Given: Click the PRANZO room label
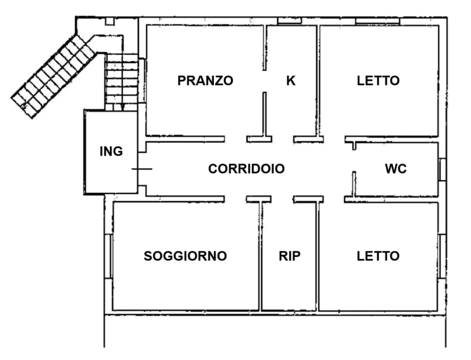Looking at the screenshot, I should coord(205,80).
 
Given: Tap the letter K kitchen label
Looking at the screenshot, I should coord(291,80).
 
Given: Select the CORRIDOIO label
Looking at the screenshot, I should coord(246,168).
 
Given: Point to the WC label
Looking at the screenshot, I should coord(396,168).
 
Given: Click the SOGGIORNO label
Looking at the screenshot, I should coord(186,256).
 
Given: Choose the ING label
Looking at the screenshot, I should coord(112,151).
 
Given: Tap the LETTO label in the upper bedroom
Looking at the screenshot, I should coord(378,80).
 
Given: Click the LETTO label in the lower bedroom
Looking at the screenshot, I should coord(378,256).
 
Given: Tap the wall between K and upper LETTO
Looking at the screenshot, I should coord(319,80).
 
